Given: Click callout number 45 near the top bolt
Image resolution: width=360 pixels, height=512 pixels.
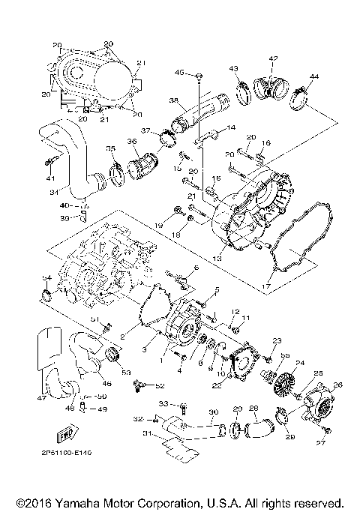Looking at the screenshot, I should tap(179, 72).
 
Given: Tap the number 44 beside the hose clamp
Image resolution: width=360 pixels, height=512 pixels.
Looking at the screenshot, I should tap(313, 77).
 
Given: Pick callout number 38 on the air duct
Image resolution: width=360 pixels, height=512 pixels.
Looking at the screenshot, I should tap(173, 100).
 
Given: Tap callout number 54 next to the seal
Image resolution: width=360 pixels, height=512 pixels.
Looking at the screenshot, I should tap(46, 278).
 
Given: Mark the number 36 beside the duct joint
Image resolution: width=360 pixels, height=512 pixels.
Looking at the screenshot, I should tap(132, 141).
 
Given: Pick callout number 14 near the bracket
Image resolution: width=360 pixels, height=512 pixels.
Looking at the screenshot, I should tap(231, 128).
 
